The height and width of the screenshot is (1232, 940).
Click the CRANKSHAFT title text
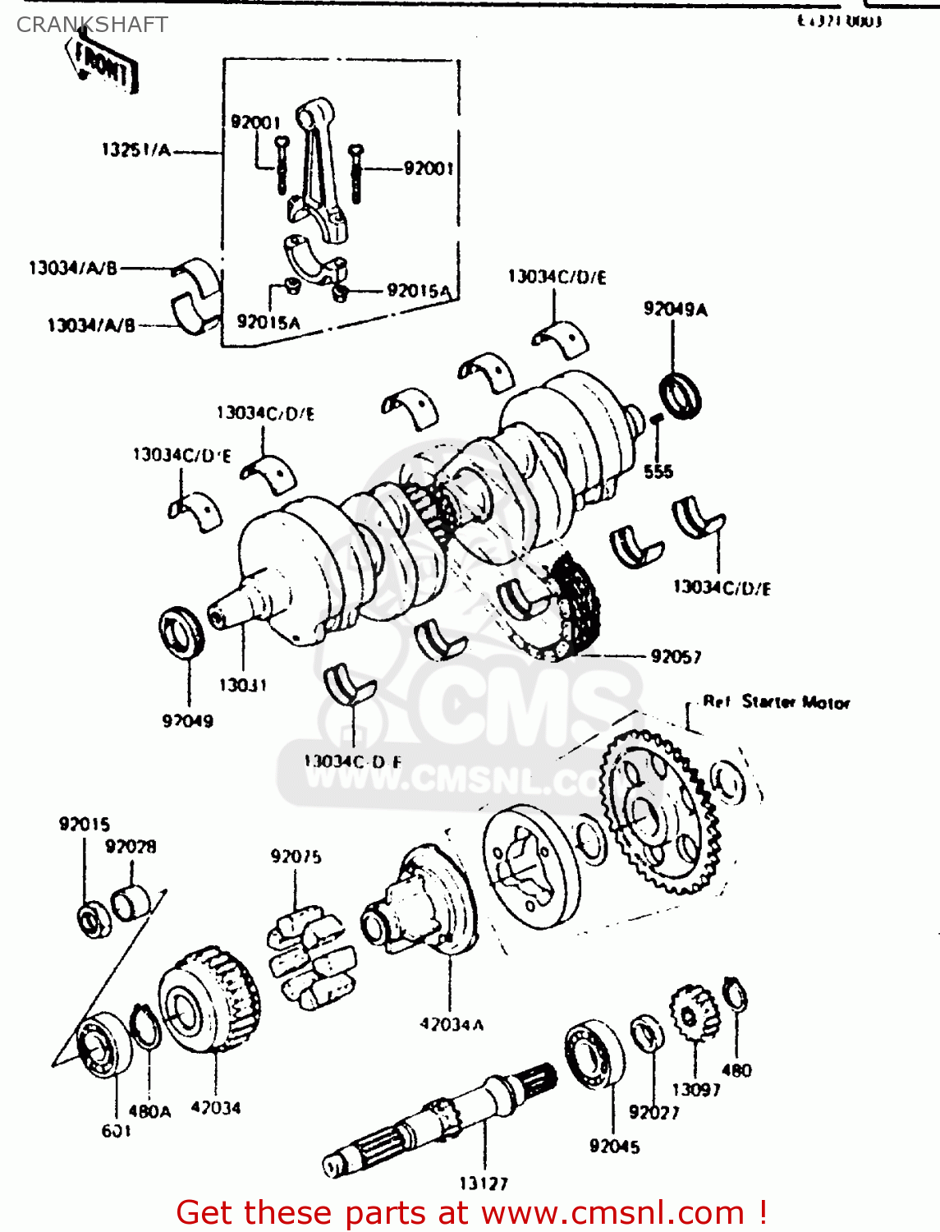coord(92,25)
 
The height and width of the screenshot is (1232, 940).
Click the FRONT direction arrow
coord(103,66)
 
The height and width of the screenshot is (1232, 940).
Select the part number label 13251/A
coord(136,150)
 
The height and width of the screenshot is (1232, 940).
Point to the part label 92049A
coord(675,310)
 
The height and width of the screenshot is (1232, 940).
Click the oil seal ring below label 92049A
coord(681,395)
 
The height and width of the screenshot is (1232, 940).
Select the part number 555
coord(658,471)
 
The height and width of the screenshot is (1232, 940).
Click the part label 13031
coord(242,685)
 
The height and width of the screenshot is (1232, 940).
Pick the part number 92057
coord(676,656)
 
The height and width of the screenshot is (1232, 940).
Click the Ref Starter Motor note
coord(776,702)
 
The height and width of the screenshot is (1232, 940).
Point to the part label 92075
coord(296,857)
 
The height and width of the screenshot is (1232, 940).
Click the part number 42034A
coord(452,1024)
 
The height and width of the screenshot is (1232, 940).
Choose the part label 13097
coord(695,1090)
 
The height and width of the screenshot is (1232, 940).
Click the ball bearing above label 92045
coord(594,1055)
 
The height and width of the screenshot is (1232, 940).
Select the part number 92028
coord(131,847)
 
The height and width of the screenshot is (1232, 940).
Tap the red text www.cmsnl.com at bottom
coord(612,1213)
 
